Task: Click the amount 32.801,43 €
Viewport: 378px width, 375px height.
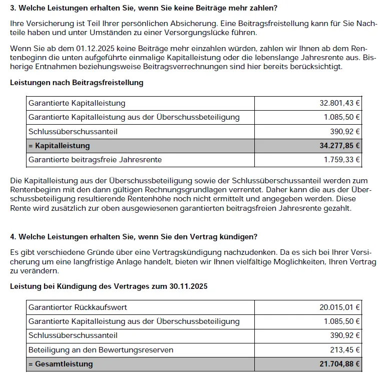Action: coord(340,103)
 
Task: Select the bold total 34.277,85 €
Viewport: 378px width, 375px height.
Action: coord(340,146)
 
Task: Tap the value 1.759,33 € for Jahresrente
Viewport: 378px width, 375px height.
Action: coord(342,160)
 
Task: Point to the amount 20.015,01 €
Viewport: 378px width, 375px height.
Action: coord(340,307)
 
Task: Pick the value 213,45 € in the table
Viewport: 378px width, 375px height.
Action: coord(345,349)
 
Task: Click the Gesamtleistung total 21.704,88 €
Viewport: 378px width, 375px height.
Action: coord(340,364)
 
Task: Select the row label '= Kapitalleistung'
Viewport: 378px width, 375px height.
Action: coord(59,146)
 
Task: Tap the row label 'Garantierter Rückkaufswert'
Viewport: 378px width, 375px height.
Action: coord(78,307)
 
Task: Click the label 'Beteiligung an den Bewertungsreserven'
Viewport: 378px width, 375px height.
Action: coord(100,349)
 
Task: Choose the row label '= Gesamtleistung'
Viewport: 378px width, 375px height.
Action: coord(61,364)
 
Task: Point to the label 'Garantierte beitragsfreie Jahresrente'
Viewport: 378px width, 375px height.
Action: coord(95,160)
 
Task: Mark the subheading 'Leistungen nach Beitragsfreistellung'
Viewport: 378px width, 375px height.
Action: coord(77,83)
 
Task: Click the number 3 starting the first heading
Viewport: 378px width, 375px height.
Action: coord(13,9)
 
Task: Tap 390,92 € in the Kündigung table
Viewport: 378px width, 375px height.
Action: coord(345,335)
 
